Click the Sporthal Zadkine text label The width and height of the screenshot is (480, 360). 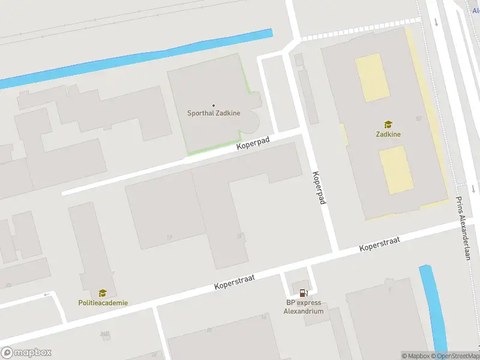(214, 113)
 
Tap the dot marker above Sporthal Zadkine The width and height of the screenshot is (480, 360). (214, 106)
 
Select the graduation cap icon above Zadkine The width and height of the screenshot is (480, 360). (388, 124)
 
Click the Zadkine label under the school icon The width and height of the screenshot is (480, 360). (388, 134)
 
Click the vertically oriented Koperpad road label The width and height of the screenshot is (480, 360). (319, 188)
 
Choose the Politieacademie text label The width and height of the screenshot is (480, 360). (103, 303)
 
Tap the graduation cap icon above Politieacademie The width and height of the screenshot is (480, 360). (103, 293)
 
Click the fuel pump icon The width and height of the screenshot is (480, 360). (304, 293)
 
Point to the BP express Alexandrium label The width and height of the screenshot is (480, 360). (304, 307)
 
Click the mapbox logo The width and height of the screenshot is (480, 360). (26, 353)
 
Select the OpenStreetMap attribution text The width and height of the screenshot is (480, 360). (458, 356)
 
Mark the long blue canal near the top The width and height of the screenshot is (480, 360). (138, 58)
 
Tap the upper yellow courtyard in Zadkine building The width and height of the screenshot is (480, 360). (372, 77)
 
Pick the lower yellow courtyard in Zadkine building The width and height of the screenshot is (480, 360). (396, 170)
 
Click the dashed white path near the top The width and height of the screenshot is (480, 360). (360, 29)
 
